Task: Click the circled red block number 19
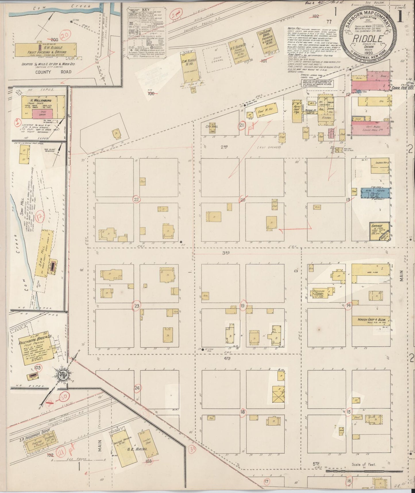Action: point(242,305)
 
